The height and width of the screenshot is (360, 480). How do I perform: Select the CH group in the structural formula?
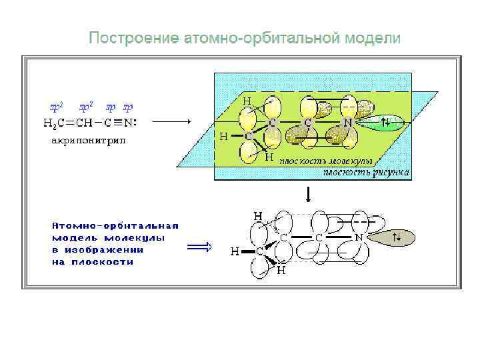[83, 123]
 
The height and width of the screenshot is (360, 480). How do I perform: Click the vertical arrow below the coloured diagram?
[308, 195]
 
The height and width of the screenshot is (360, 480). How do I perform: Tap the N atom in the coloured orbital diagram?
[348, 123]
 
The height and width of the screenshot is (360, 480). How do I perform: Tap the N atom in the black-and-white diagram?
[358, 237]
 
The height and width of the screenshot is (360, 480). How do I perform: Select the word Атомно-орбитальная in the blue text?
[115, 225]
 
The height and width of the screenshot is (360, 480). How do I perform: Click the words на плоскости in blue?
[93, 262]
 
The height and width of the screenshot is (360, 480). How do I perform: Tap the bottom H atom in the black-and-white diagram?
[281, 271]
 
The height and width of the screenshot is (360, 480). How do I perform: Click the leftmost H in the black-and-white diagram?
[235, 252]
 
